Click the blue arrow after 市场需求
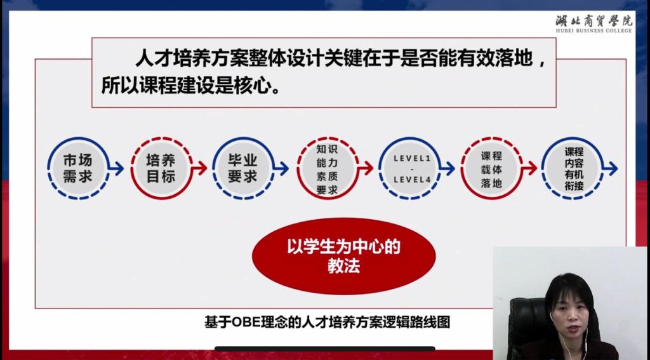[117, 168]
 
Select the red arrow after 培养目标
[199, 168]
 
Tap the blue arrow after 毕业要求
[281, 168]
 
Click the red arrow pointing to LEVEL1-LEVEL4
[366, 168]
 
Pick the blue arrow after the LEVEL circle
[448, 168]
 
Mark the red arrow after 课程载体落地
[530, 168]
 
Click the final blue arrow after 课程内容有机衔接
[611, 168]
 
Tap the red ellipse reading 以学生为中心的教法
[343, 256]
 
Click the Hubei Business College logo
[594, 23]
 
